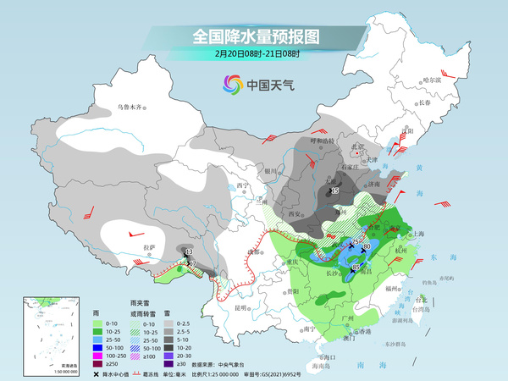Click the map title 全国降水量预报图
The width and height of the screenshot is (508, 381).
(254, 36)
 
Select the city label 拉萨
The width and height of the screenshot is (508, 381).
(150, 246)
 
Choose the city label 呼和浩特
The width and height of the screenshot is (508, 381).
(311, 140)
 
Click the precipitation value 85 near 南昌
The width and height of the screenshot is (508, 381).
(356, 268)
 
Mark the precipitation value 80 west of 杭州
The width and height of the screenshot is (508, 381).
(367, 247)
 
